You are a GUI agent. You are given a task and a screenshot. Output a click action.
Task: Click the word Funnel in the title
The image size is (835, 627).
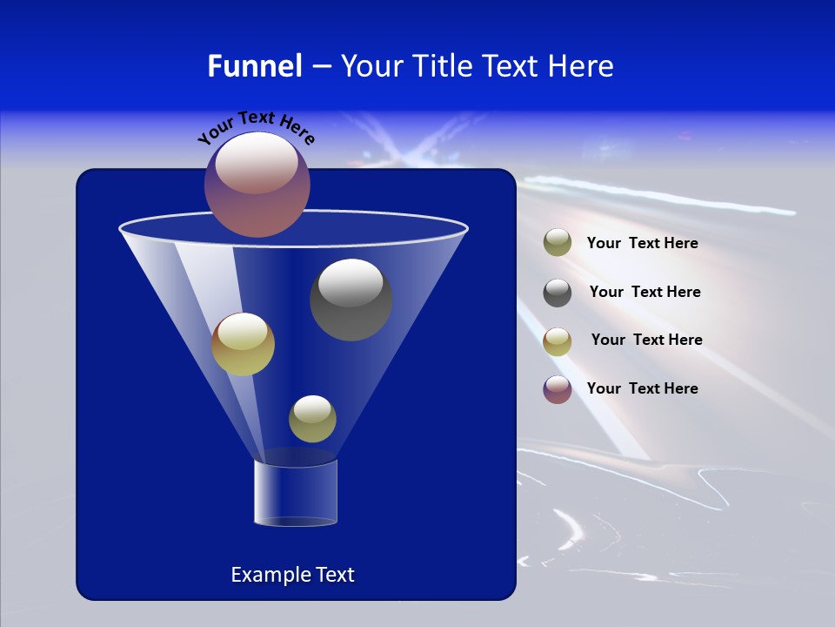tap(254, 66)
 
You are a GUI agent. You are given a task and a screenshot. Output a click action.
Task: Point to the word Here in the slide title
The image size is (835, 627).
tap(581, 66)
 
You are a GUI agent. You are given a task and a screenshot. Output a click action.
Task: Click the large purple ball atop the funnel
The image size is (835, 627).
tap(257, 185)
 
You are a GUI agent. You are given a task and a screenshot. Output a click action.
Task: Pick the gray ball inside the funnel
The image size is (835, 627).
tap(351, 300)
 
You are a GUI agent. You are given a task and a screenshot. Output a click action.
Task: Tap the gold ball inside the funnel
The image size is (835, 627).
tap(243, 344)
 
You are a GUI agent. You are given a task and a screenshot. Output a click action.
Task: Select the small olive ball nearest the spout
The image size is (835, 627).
tap(312, 418)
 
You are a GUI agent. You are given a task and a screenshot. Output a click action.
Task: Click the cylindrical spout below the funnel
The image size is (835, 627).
tap(296, 493)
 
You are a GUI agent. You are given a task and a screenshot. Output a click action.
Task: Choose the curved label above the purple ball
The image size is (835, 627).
tap(256, 127)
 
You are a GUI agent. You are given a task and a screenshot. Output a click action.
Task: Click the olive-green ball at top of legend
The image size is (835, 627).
tap(558, 243)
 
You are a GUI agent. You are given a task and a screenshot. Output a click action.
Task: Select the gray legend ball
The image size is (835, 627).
tap(558, 293)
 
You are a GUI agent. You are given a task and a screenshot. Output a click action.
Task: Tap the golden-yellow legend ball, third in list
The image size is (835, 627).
tap(558, 341)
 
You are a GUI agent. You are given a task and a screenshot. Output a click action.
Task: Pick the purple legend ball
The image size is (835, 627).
tap(558, 389)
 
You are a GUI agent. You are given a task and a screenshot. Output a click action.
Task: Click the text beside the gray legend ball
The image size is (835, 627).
tap(645, 292)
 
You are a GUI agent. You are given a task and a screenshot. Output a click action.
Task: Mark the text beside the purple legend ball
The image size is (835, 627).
tap(642, 388)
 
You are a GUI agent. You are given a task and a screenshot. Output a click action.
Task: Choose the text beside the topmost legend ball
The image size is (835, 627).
tap(642, 243)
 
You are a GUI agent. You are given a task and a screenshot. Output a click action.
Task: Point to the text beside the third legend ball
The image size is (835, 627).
tap(646, 340)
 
